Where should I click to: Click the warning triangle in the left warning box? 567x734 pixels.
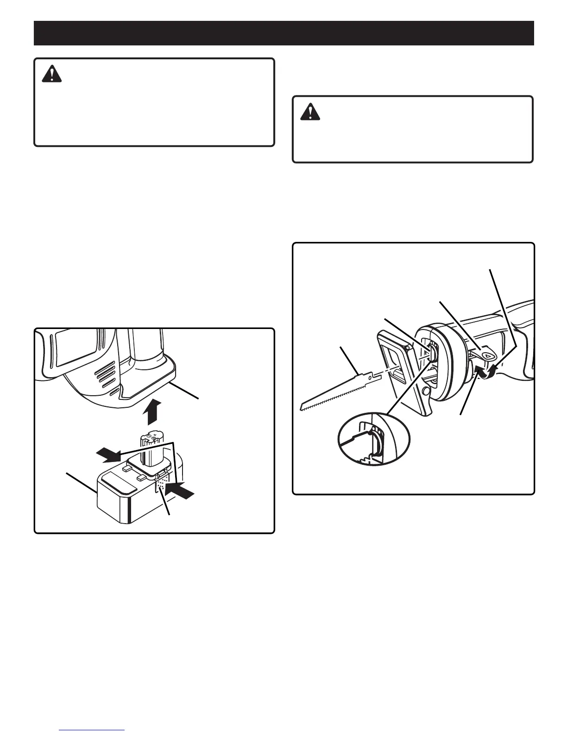51,74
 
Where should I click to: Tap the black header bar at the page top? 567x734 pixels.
283,33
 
